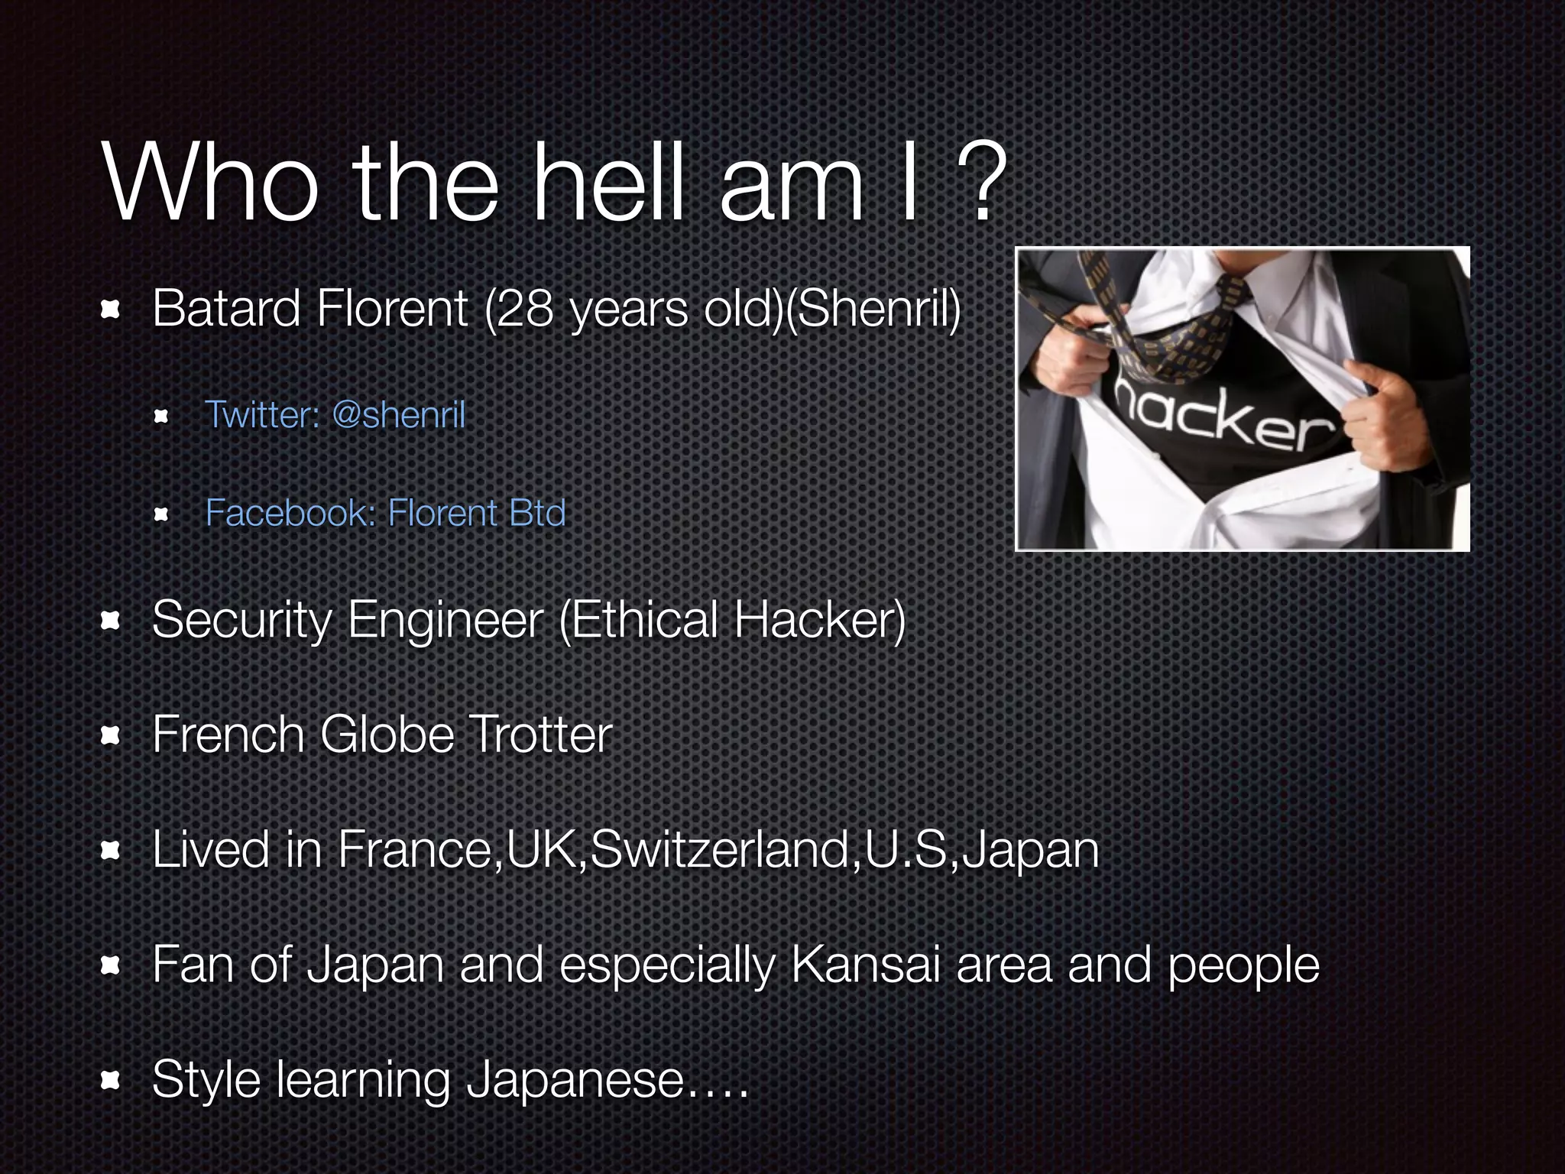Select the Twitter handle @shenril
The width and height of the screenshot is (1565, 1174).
[398, 415]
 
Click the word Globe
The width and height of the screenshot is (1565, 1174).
[386, 735]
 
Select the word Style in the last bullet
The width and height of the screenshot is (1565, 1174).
[206, 1080]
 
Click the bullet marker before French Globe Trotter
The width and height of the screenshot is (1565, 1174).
[112, 735]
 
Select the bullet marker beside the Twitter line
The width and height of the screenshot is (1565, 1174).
[160, 417]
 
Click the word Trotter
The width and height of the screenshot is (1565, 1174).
[542, 735]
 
